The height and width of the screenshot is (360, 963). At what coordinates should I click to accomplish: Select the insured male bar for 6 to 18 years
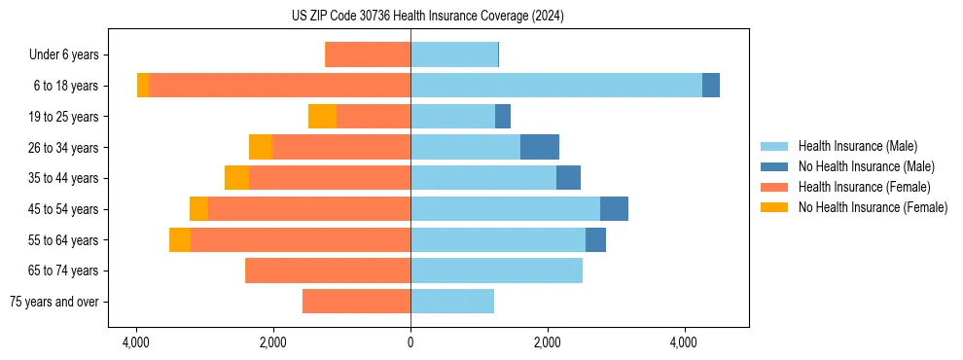555,86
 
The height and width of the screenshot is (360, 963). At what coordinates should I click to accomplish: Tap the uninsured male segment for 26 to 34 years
540,147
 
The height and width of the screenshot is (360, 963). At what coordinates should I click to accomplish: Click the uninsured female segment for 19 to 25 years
322,117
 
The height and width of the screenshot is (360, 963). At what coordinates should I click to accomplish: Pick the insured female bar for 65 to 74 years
327,270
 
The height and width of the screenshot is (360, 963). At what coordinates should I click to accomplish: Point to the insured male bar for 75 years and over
452,302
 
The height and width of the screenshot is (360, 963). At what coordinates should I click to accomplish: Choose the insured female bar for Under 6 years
368,54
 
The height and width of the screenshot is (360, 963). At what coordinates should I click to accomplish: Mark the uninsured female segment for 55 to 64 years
180,239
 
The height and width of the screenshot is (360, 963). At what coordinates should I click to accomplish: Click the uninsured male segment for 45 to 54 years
614,209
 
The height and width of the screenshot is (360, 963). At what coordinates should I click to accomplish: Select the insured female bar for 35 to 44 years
330,178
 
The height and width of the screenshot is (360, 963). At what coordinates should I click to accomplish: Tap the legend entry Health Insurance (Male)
857,146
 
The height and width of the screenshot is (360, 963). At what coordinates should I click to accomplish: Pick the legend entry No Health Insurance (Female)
873,207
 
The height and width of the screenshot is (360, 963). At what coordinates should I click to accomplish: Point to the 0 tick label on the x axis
410,342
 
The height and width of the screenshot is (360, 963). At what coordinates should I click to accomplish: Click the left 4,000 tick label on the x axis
136,342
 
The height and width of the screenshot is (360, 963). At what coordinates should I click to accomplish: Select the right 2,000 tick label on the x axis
548,342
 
